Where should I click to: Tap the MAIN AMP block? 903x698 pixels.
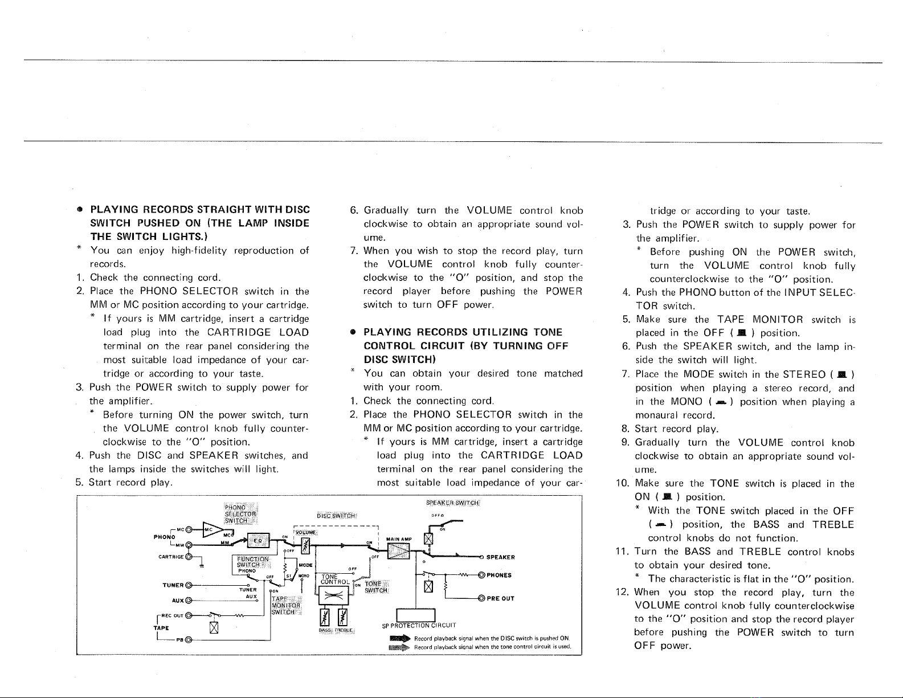[398, 552]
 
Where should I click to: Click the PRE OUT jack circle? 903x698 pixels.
[481, 598]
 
